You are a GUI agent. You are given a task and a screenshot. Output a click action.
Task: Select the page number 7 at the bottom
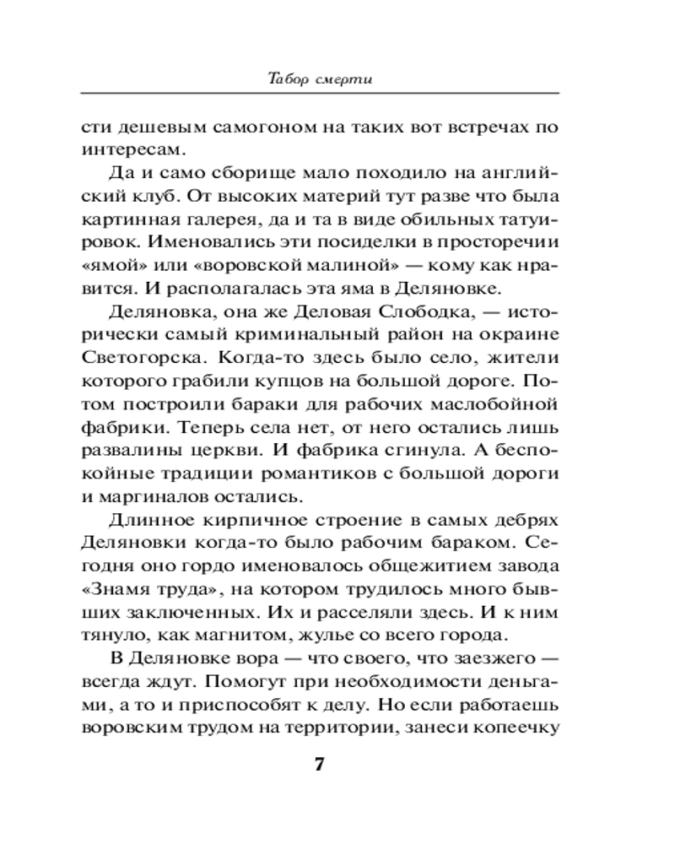319,766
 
